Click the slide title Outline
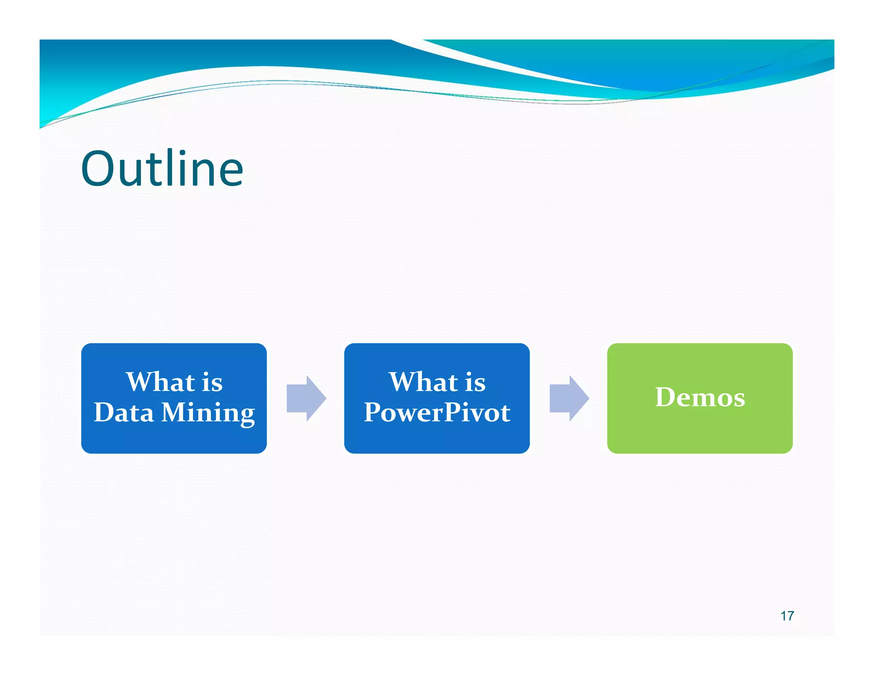(162, 169)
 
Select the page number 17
(787, 616)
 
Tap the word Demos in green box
(700, 397)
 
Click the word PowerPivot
(437, 413)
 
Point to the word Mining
(208, 413)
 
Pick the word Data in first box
(124, 413)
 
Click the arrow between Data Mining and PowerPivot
(306, 399)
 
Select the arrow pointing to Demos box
(569, 399)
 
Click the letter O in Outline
(98, 169)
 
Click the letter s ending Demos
(738, 399)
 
